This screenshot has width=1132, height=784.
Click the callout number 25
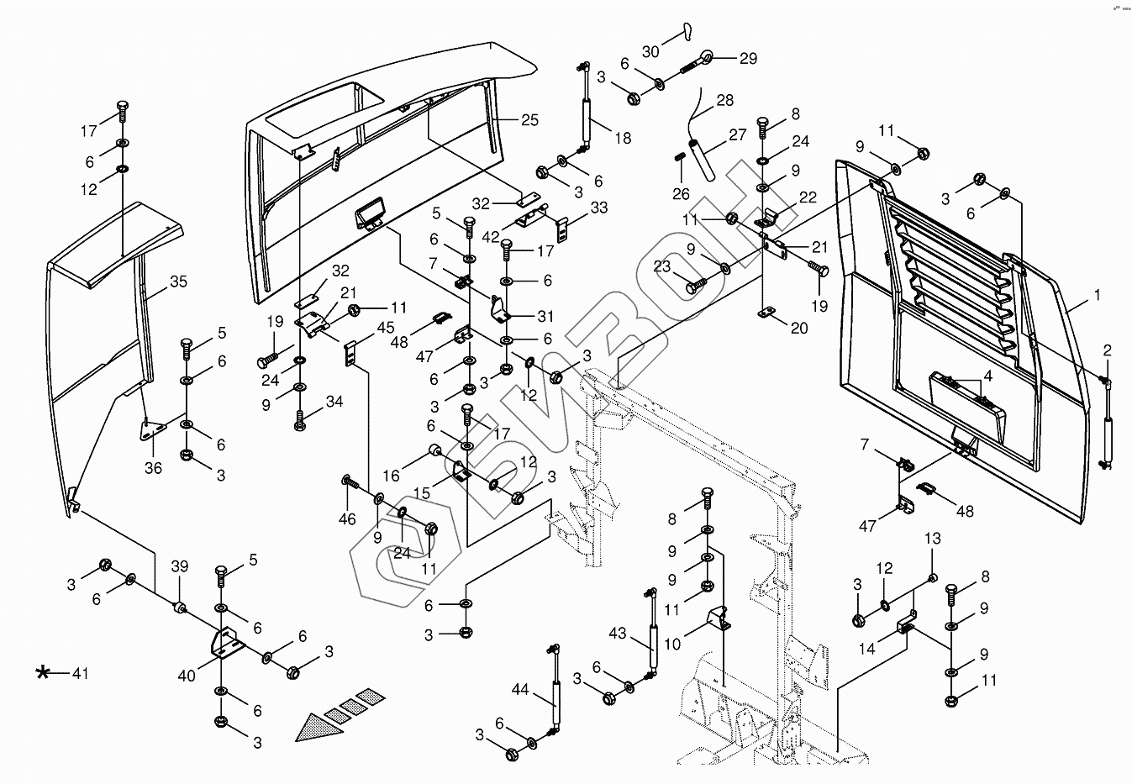point(529,120)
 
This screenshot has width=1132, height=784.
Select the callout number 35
point(178,282)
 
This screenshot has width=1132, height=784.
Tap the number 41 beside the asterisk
point(80,673)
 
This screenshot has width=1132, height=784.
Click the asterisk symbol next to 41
point(43,672)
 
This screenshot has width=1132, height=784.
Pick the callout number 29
point(748,59)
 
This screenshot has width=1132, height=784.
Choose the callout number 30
point(650,51)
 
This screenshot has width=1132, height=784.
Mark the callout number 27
point(737,134)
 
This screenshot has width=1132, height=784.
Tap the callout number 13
point(933,538)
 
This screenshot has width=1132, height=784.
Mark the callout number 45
point(386,327)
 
